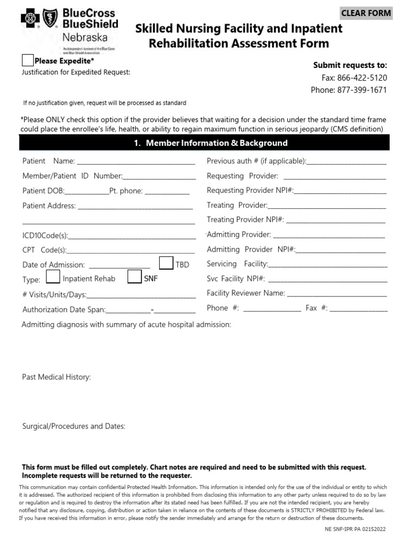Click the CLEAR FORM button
(x=366, y=13)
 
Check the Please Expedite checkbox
(x=28, y=61)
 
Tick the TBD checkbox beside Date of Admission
(x=167, y=263)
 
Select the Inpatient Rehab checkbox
(x=53, y=277)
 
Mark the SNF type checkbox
(x=135, y=277)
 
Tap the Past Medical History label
(x=57, y=377)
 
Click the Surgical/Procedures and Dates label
(x=74, y=426)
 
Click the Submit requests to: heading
(x=350, y=65)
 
